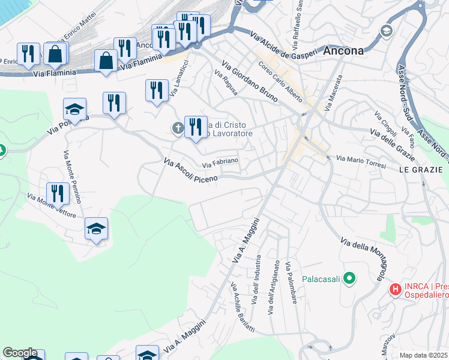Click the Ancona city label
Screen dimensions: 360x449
(x=343, y=51)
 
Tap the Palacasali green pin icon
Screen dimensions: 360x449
(x=350, y=278)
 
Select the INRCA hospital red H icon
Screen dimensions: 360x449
(x=395, y=290)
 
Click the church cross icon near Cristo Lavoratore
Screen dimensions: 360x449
(x=178, y=128)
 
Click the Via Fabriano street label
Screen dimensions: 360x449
(x=220, y=162)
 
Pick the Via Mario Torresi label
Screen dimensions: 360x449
(x=360, y=161)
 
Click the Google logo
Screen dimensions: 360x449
(x=20, y=353)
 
